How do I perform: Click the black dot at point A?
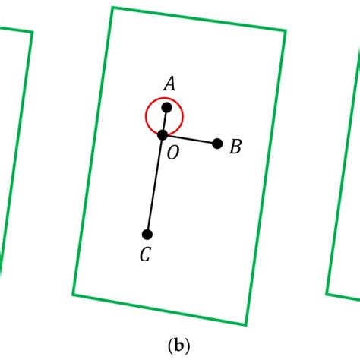tap(166, 107)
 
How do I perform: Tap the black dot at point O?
tap(162, 134)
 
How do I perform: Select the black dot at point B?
tap(217, 144)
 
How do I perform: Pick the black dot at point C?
tap(147, 234)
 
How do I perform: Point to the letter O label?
tap(172, 153)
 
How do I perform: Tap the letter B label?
tap(235, 147)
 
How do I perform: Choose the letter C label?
tap(144, 255)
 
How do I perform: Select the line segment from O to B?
tap(190, 139)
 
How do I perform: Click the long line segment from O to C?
tap(155, 184)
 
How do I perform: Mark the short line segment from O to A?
tap(164, 122)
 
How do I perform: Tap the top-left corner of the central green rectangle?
tap(112, 8)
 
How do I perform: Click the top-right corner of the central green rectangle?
tap(285, 31)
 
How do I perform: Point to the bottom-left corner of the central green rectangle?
tap(74, 294)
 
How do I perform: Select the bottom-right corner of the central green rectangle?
tap(246, 324)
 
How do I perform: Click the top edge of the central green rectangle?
tap(199, 20)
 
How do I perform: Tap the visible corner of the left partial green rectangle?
tap(32, 32)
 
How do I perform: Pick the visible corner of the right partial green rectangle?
tap(327, 293)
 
